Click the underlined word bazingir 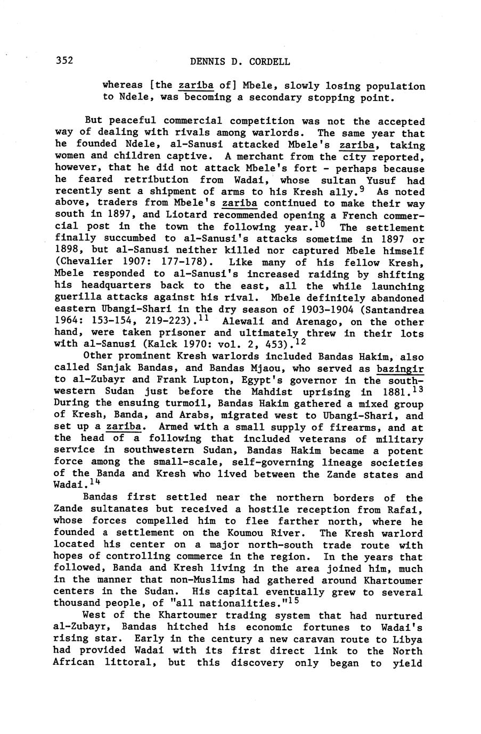400,369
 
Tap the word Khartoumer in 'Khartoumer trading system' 187,615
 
